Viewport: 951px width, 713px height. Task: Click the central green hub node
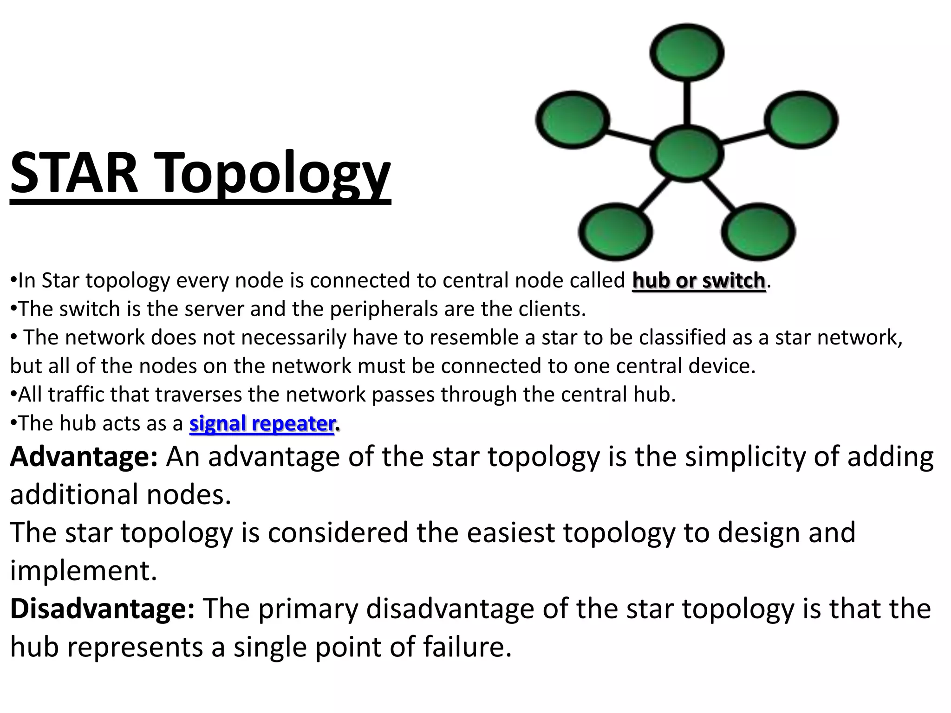tap(687, 153)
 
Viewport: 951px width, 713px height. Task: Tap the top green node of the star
tap(687, 52)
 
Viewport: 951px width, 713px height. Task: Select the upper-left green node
tap(573, 120)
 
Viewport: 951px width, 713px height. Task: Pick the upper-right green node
tap(801, 120)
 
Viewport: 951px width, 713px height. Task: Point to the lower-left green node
tap(615, 232)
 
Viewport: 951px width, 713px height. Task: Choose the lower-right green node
tap(758, 232)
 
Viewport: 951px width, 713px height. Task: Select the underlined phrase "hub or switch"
tap(698, 280)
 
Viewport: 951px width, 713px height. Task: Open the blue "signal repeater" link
tap(262, 423)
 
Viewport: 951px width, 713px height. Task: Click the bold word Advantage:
tap(84, 457)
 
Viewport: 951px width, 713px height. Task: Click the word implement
tap(84, 570)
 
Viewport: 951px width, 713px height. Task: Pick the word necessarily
tap(293, 337)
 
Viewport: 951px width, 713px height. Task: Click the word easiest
tap(510, 532)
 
